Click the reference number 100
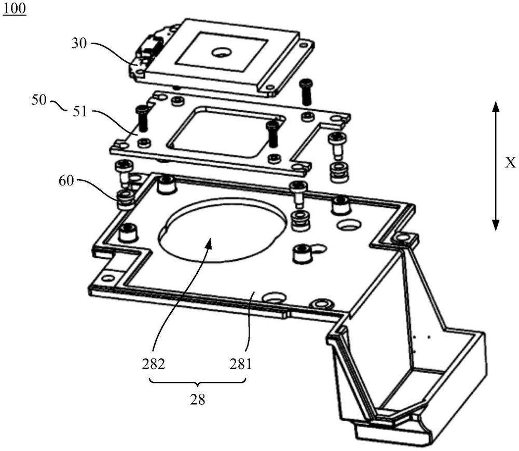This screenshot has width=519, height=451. click(15, 8)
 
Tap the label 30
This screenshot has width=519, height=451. click(79, 44)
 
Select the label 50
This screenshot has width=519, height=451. click(39, 100)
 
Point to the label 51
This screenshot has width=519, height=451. click(79, 112)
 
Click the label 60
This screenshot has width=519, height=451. click(66, 181)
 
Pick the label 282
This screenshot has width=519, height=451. click(154, 365)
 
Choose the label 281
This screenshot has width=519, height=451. click(241, 365)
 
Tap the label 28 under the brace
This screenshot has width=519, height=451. click(198, 400)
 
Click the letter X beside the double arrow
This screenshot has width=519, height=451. click(511, 163)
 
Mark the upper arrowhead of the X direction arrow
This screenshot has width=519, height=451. click(495, 107)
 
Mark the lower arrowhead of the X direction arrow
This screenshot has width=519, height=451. click(495, 225)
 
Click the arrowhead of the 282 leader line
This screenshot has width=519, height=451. click(208, 245)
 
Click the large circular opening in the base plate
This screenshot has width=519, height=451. click(223, 229)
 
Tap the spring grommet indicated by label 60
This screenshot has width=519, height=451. click(126, 199)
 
